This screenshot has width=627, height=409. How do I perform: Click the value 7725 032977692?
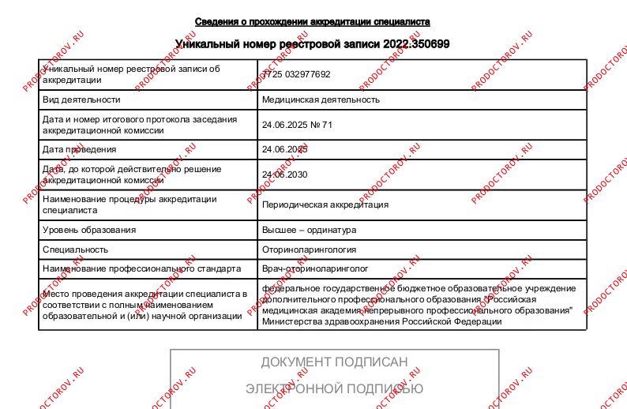(297, 74)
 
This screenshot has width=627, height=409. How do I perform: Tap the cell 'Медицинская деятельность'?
(321, 99)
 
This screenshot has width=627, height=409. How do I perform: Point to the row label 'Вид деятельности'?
(81, 99)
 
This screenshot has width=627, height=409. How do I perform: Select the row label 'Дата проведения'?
(79, 149)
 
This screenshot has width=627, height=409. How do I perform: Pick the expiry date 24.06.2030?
(284, 174)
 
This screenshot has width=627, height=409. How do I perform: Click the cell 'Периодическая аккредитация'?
(325, 204)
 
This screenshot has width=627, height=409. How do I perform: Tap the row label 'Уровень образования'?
(89, 230)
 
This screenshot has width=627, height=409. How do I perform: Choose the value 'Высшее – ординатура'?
(309, 230)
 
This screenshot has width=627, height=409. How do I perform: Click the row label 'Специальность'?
(75, 250)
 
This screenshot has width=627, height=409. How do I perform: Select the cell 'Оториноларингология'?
(309, 250)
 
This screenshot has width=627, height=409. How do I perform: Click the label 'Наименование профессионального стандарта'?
(141, 268)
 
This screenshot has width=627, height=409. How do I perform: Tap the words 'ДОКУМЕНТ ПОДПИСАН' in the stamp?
(334, 362)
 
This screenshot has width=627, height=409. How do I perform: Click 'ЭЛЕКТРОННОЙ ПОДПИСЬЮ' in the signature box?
(334, 388)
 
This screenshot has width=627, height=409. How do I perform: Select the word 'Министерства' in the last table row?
(292, 321)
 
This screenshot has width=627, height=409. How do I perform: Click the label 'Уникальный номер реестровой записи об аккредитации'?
(131, 74)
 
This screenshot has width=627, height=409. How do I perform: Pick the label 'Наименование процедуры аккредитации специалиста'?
(130, 204)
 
